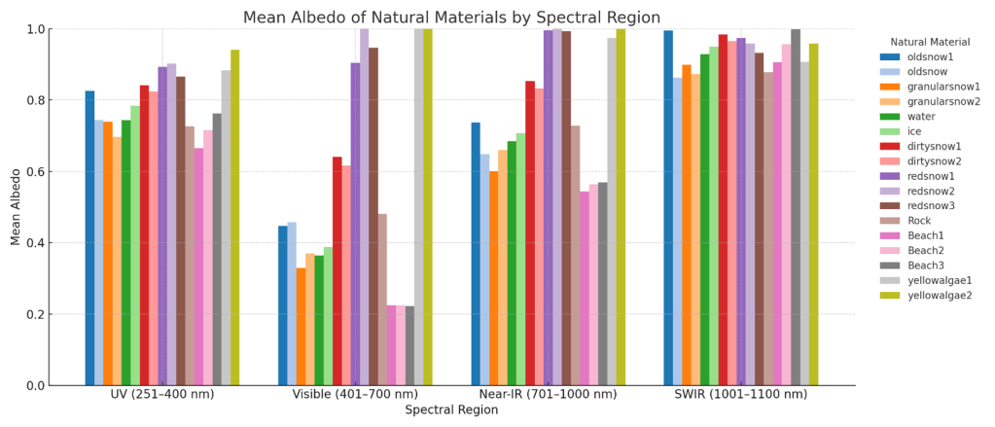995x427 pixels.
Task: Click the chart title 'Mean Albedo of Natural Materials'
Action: coord(451,18)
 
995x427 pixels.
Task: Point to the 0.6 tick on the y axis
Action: coord(36,172)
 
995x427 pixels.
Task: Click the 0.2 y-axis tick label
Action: coord(36,314)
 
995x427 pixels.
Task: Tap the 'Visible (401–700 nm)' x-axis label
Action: coord(355,394)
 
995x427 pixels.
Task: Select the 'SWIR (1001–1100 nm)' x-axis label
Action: coord(741,394)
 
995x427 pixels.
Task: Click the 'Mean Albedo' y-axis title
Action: coord(16,207)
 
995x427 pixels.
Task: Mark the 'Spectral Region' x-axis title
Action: coord(451,410)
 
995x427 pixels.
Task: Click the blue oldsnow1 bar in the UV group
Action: coord(89,238)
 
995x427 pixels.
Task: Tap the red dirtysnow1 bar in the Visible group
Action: coord(338,271)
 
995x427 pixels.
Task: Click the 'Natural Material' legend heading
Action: coord(930,42)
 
